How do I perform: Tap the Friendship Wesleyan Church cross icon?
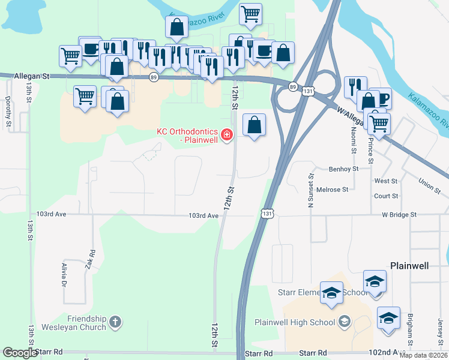pos(115,322)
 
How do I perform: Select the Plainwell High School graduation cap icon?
pos(344,322)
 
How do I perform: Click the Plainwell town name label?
pos(409,265)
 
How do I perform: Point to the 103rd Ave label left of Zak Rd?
pos(50,214)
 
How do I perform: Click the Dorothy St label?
pos(8,111)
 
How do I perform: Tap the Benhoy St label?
pos(343,169)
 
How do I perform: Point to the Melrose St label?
pos(333,190)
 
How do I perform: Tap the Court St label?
pos(386,196)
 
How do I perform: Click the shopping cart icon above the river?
pos(250,14)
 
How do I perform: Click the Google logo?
pos(19,353)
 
